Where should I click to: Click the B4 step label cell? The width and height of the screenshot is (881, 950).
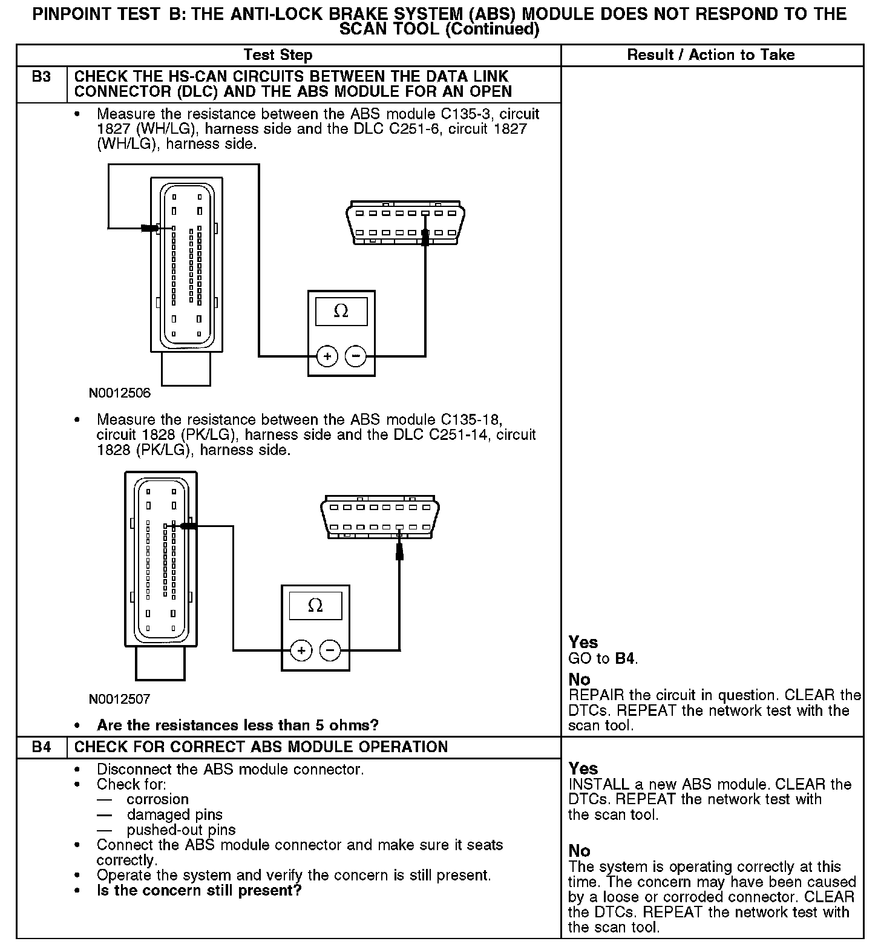[41, 747]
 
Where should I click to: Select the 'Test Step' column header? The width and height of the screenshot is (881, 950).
[278, 55]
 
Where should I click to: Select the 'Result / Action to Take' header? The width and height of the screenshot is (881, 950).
[711, 55]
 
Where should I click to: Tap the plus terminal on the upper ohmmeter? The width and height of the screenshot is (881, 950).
[327, 356]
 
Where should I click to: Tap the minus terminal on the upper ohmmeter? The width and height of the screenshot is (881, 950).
[356, 356]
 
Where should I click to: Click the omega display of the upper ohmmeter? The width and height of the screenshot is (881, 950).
[341, 312]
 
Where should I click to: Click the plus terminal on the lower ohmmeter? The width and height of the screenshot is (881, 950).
[301, 651]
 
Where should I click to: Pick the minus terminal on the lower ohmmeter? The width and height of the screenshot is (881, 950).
[330, 651]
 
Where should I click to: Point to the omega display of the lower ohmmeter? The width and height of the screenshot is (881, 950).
[315, 606]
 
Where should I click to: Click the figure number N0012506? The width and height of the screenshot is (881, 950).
[120, 393]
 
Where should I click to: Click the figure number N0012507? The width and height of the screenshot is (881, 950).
[120, 699]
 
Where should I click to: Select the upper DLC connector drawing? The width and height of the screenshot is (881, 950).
[405, 223]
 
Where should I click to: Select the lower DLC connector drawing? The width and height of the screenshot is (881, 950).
[379, 517]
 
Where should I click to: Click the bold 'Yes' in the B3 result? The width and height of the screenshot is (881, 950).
[583, 643]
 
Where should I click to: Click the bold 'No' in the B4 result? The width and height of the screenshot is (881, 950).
[579, 851]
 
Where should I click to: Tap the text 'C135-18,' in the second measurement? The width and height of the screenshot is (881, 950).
[472, 420]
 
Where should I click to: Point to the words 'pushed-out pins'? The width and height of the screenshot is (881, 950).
[181, 830]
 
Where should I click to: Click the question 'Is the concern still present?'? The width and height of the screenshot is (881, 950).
[199, 891]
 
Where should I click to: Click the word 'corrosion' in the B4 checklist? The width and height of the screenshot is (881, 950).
[158, 799]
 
